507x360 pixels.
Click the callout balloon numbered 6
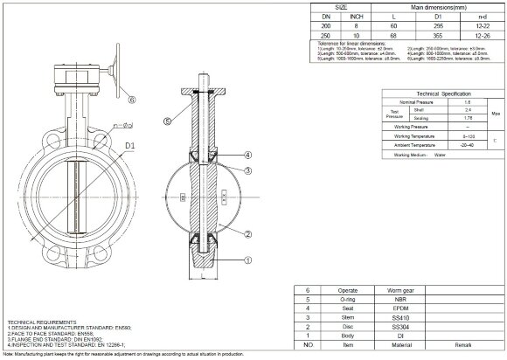coord(132,100)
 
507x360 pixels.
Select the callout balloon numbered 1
coord(248,259)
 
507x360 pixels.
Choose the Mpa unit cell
coord(496,112)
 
